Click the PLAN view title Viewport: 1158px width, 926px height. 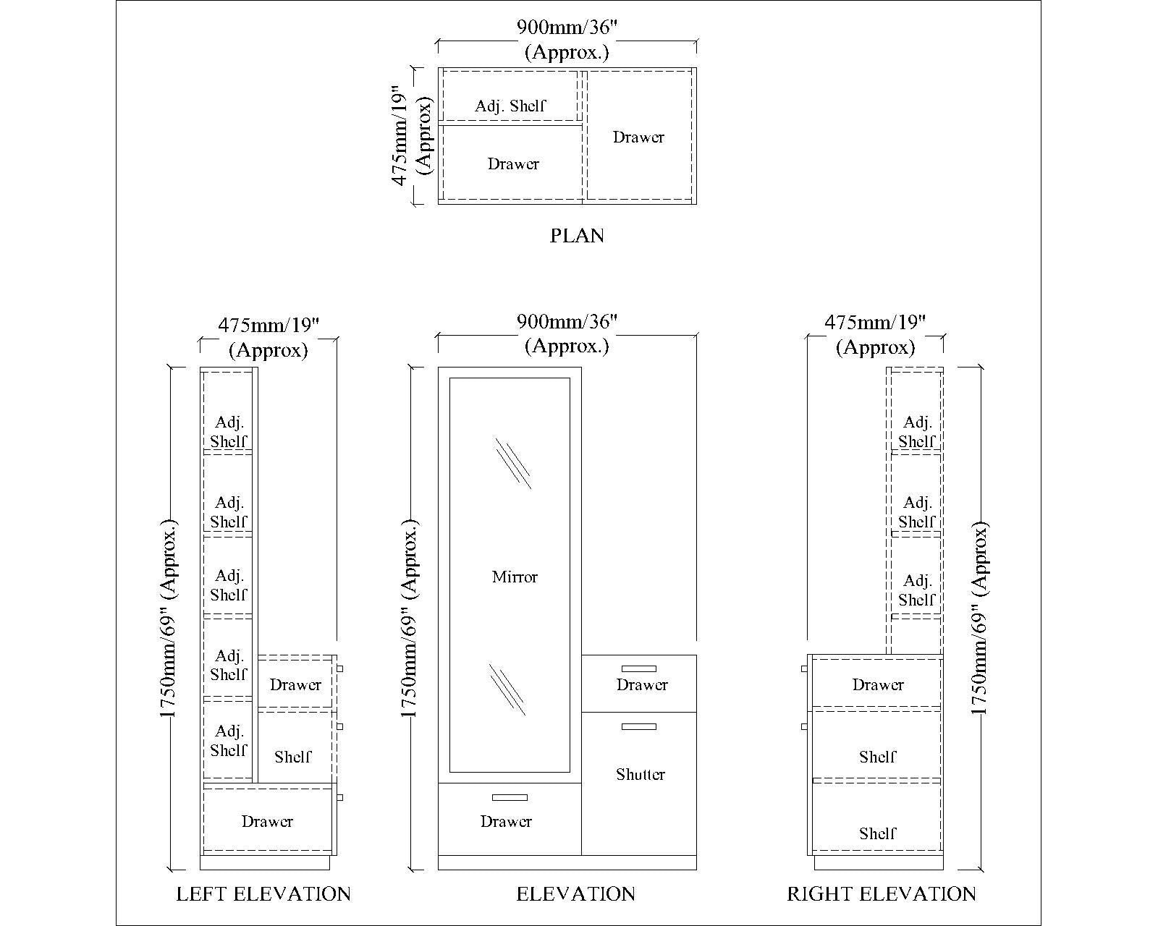(x=577, y=236)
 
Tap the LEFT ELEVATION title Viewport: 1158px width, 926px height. (x=263, y=894)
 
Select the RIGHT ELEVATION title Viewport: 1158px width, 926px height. (x=882, y=894)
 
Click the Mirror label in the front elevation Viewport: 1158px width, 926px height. (x=515, y=577)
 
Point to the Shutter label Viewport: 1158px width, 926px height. (x=641, y=775)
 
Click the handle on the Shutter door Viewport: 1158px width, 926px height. (x=639, y=726)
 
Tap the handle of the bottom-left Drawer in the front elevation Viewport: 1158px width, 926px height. (x=510, y=797)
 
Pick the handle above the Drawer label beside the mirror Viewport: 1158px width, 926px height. (x=639, y=668)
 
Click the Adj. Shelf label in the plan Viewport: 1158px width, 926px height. (x=510, y=106)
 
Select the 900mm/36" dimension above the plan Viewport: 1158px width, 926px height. (x=567, y=28)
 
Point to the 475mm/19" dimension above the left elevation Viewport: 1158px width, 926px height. (x=269, y=323)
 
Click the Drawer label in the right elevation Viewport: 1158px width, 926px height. (x=878, y=685)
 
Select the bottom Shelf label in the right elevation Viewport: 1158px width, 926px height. (x=878, y=833)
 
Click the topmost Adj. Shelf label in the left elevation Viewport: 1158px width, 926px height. (x=229, y=432)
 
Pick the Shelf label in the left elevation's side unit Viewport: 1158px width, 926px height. (x=293, y=757)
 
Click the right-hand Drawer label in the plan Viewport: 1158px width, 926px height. (x=638, y=137)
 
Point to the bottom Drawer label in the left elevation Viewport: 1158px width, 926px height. (x=267, y=822)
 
